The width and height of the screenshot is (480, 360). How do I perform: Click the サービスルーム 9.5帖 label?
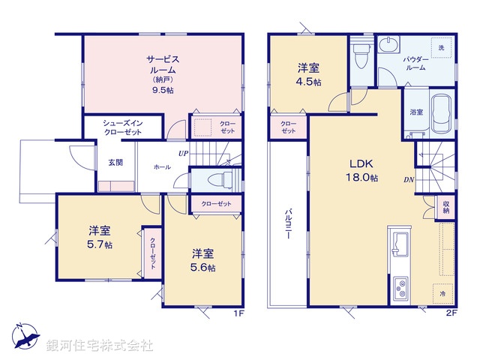162,73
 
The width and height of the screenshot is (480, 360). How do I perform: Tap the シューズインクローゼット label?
122,126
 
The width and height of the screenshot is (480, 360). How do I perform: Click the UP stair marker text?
183,154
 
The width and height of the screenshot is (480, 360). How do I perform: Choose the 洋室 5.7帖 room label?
100,236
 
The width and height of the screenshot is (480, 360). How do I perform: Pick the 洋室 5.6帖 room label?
202,260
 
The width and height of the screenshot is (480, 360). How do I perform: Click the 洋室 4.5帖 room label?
307,73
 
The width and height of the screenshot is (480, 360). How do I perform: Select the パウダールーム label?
415,62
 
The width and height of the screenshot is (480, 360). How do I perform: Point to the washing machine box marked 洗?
441,48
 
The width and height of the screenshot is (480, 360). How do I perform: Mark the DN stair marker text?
409,180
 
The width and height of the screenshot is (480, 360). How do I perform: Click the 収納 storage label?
445,206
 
